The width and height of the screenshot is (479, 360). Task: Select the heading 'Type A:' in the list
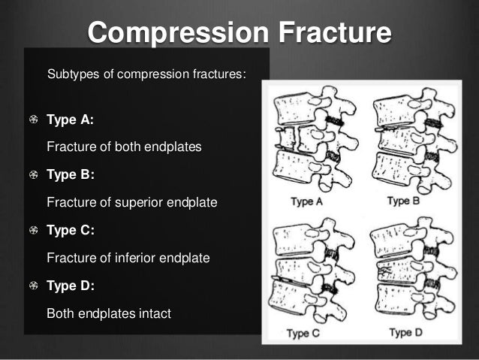tap(71, 119)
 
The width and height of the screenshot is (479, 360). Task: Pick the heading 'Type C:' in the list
tap(71, 231)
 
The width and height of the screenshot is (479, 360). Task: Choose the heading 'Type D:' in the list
tap(71, 286)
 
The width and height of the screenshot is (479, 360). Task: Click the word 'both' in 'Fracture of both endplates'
tap(127, 147)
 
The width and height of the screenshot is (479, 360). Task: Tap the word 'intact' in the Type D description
tap(154, 313)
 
